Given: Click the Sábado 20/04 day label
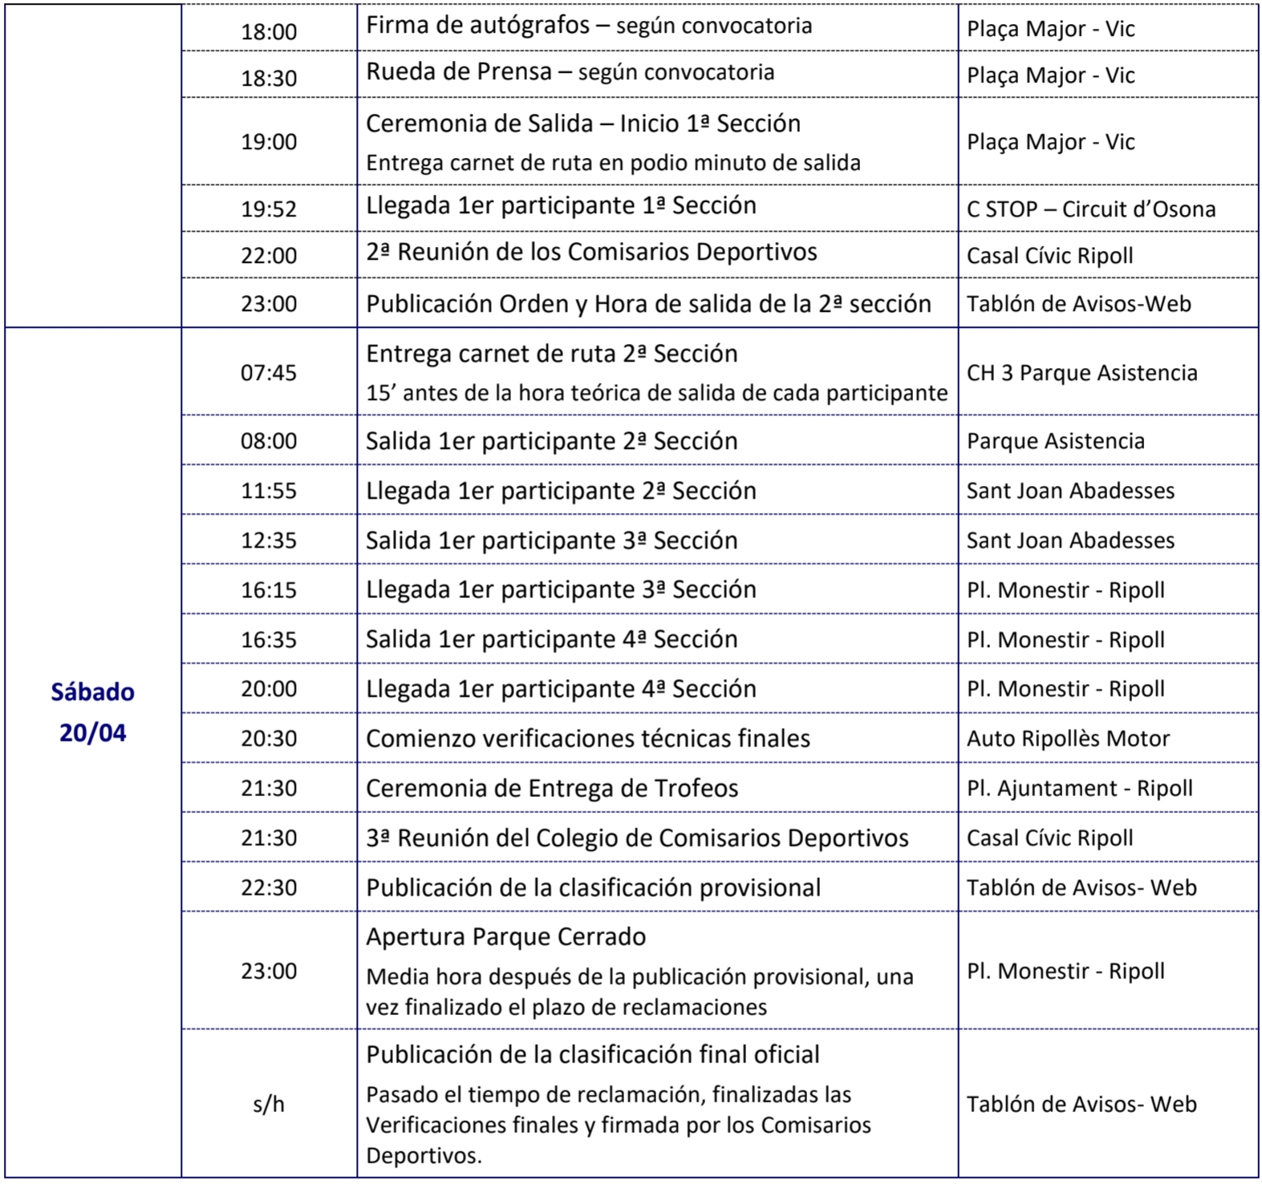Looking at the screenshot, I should [92, 712].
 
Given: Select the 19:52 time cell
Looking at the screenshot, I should [269, 209].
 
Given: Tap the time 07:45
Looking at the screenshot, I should [269, 373].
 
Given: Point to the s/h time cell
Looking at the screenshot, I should [269, 1105].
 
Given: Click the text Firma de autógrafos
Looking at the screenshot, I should [478, 26].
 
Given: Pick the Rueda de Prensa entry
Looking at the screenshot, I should [459, 72].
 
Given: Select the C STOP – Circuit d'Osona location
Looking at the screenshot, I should [1090, 209].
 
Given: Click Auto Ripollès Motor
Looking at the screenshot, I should [1068, 738].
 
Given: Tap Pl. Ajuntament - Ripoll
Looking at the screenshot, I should [1079, 788].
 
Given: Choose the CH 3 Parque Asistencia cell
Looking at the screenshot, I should [1081, 373].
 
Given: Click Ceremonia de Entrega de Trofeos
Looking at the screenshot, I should [552, 788].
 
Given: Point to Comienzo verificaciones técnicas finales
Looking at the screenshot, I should [588, 738].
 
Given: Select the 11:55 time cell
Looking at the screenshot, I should [269, 491].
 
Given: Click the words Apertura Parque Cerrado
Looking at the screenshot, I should [505, 936].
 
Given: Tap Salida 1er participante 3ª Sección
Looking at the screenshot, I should [551, 540].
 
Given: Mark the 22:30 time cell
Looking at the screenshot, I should [269, 888].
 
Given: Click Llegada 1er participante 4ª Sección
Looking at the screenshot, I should [561, 689].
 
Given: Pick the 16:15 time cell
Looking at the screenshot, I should [269, 590].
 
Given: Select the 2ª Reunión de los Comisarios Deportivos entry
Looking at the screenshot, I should [591, 253].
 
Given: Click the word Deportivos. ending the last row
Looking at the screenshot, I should [424, 1156].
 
